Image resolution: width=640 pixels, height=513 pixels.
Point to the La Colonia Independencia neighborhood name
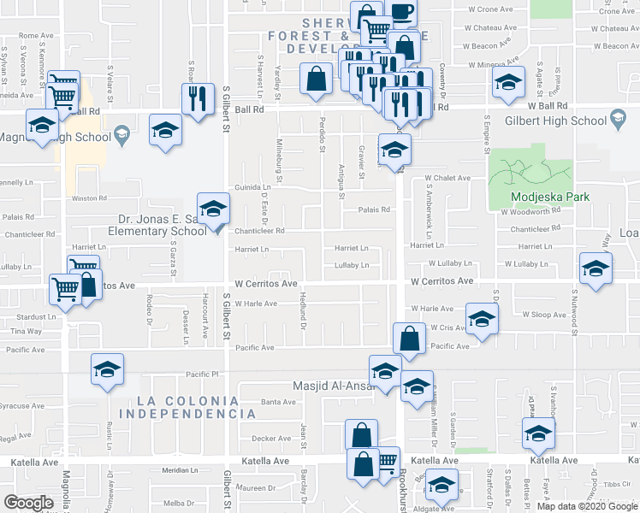[x=188, y=407]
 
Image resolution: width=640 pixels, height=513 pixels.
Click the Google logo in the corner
[x=28, y=503]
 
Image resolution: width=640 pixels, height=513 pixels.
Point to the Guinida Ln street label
[x=253, y=187]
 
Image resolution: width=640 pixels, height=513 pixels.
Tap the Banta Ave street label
[x=278, y=401]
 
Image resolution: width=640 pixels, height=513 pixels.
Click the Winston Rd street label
[x=89, y=198]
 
